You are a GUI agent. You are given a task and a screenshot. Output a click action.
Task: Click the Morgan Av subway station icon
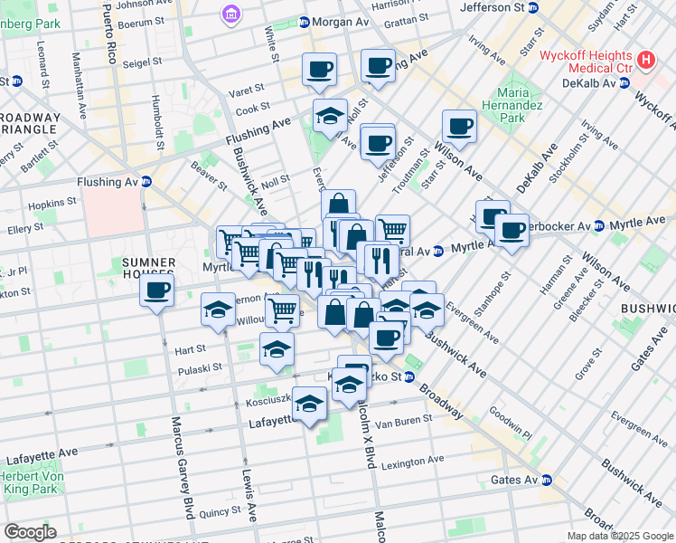tap(304, 21)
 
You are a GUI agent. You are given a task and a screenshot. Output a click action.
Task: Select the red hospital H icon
tap(645, 61)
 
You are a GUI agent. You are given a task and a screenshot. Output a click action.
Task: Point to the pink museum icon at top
tap(230, 14)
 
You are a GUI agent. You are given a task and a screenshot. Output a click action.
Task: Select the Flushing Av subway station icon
tap(146, 181)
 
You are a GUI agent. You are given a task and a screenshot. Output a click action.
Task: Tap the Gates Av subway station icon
tap(548, 480)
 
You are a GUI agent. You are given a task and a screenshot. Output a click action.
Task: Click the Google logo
tap(30, 531)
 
